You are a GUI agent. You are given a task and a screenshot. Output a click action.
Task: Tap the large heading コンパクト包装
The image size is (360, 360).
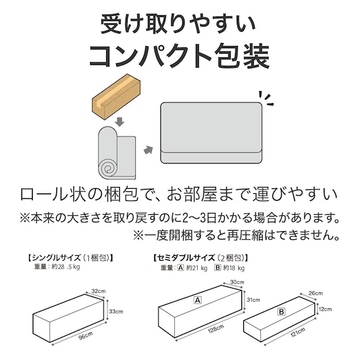(179, 56)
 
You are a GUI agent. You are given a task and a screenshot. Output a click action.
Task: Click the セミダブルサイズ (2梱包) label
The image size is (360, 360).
(201, 258)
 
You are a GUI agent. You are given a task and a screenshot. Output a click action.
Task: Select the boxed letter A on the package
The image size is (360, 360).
(197, 301)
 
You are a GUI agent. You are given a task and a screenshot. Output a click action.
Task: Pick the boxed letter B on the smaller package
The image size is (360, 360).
(281, 311)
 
